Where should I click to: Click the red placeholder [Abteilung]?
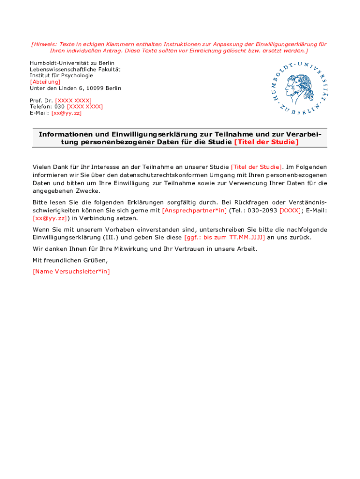coord(45,82)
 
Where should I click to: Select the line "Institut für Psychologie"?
coord(61,75)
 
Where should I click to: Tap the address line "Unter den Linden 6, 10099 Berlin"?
coord(75,88)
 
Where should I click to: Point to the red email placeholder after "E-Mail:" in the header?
coord(66,113)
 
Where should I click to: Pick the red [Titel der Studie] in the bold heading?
coord(266,142)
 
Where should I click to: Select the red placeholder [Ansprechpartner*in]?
coord(194,210)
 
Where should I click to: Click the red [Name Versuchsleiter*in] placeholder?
coord(71,271)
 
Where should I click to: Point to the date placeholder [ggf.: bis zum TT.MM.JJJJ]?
coord(224,237)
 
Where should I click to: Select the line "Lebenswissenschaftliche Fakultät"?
coord(75,69)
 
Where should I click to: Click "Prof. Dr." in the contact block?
coord(42,101)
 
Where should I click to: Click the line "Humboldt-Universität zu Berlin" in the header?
coord(72,63)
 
